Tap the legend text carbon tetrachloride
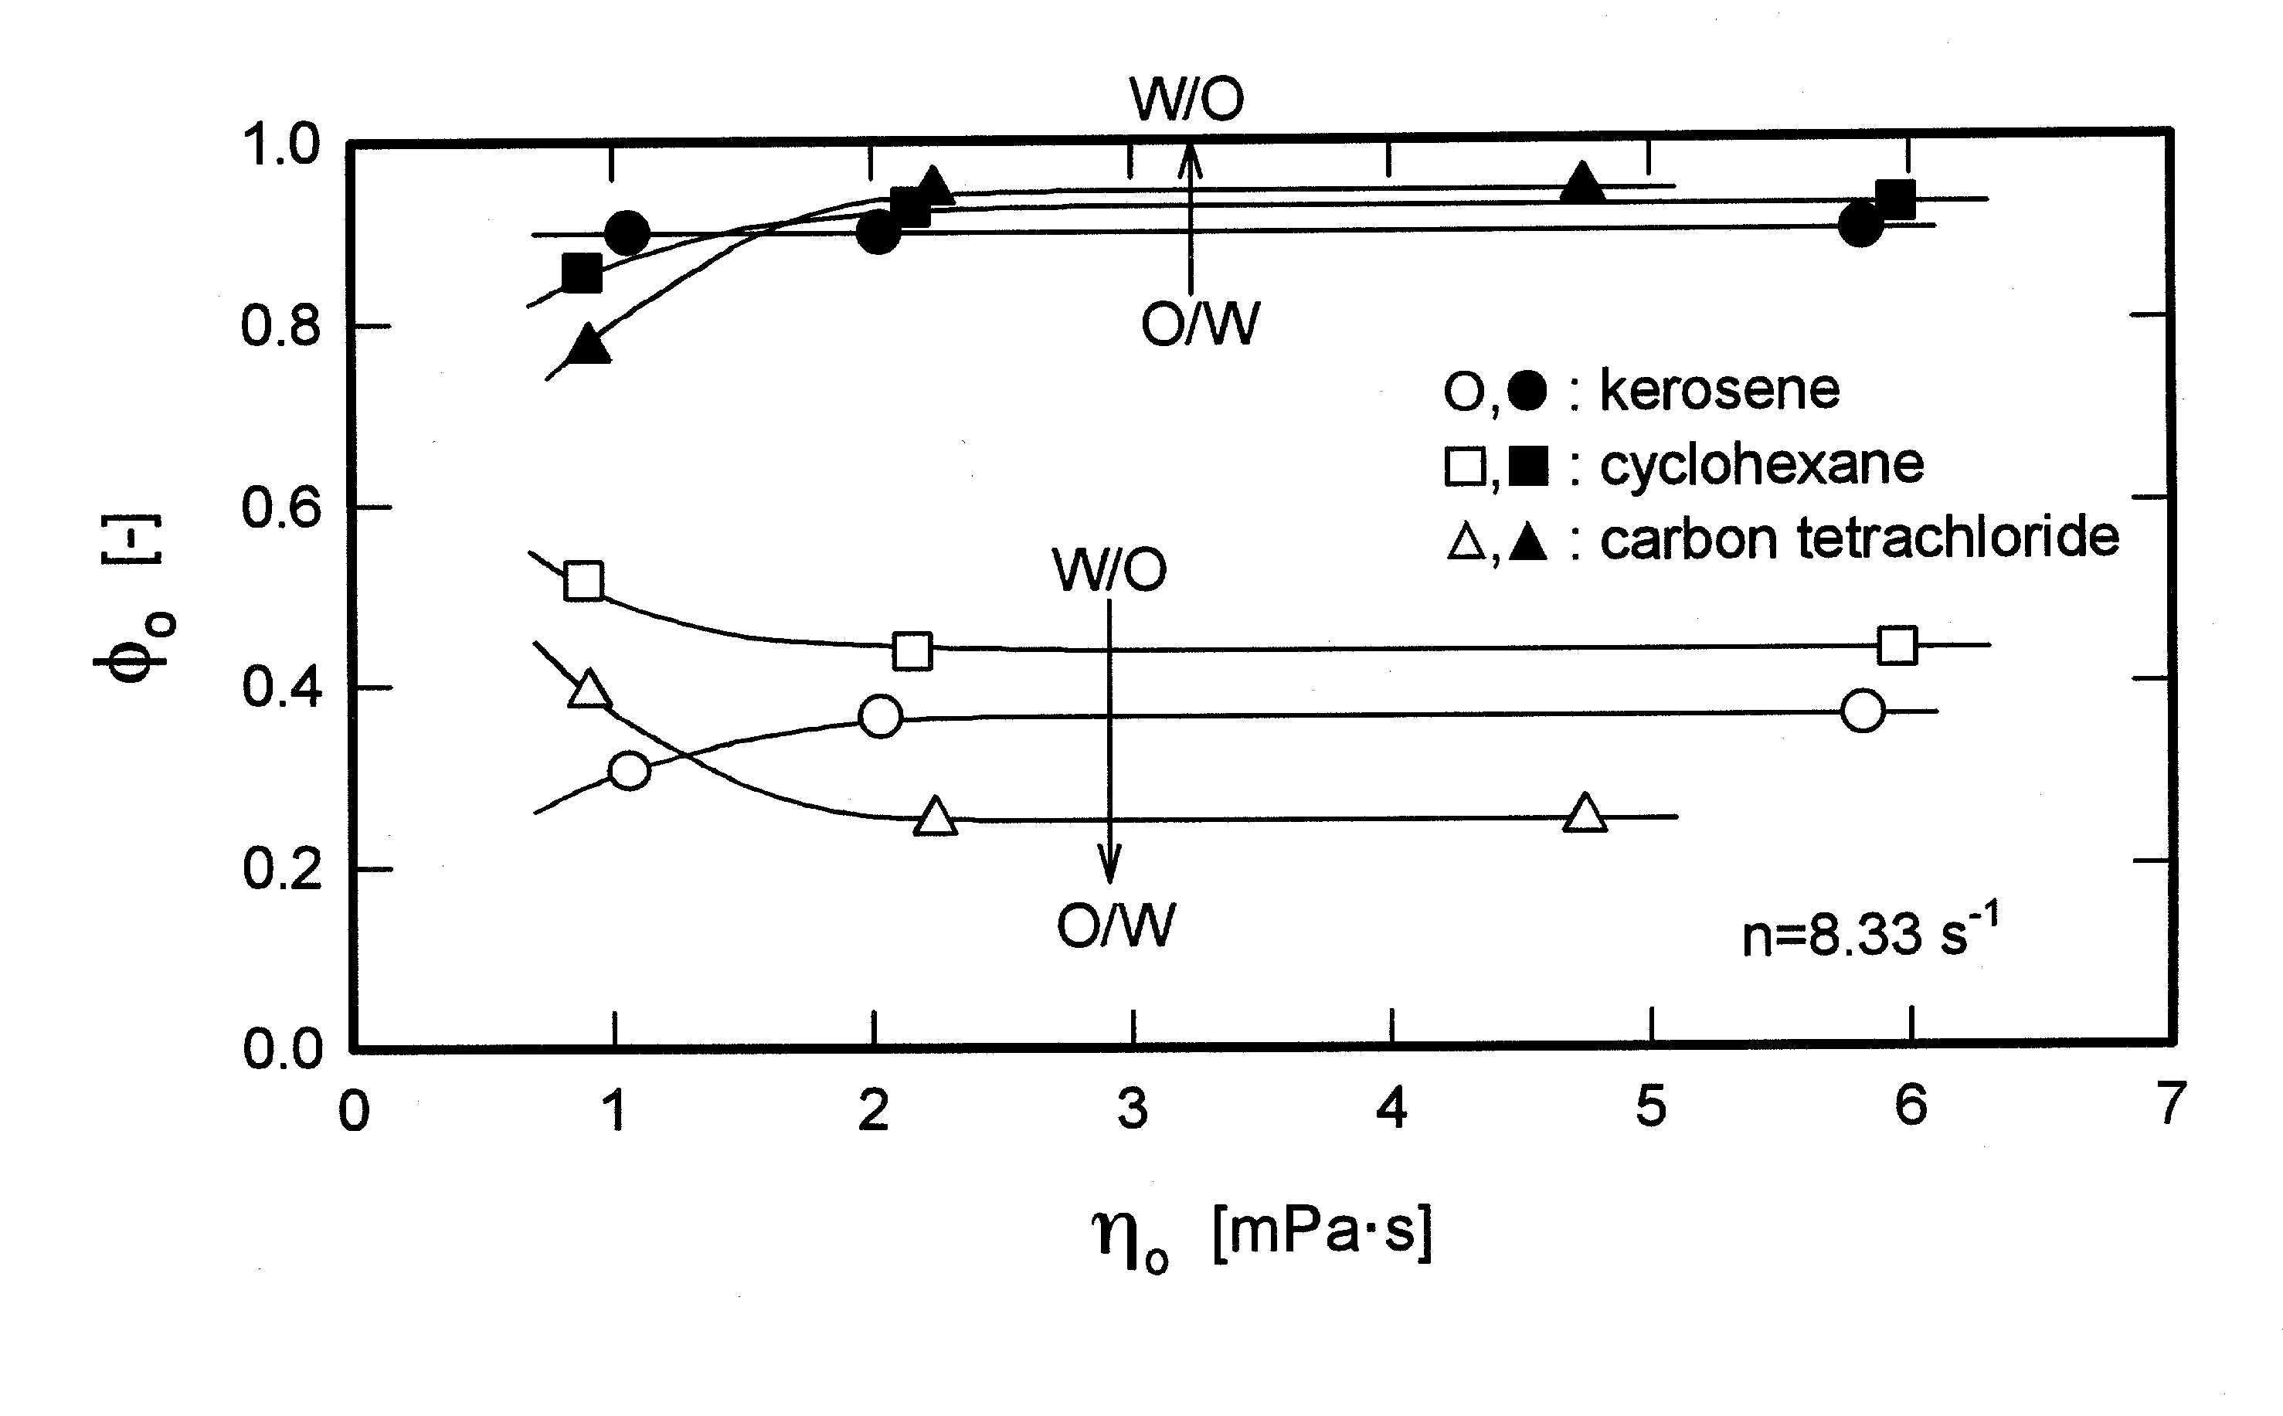(x=1859, y=538)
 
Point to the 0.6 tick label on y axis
(x=281, y=508)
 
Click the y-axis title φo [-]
(x=137, y=599)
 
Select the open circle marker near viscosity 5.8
(x=1863, y=711)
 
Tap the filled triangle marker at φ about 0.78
(x=589, y=345)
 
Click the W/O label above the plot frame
(x=1187, y=98)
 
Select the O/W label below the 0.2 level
(x=1114, y=926)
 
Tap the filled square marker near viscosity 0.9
(x=583, y=273)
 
